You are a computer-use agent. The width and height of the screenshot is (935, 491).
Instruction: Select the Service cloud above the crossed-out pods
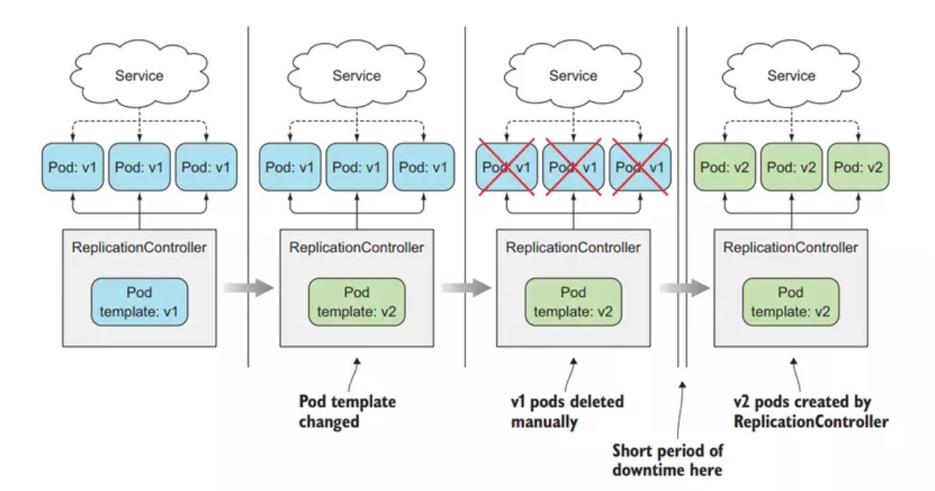point(573,76)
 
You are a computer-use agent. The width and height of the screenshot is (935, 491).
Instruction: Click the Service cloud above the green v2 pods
point(791,76)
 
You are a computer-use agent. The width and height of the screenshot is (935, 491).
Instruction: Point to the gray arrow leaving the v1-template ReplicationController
point(248,288)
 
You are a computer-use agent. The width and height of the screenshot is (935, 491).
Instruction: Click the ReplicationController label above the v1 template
point(139,248)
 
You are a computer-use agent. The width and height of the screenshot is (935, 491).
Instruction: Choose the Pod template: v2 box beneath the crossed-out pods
point(573,302)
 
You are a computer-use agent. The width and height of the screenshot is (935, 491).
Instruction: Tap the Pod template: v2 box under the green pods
point(791,302)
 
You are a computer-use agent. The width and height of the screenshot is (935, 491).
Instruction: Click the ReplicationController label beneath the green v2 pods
point(791,248)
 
